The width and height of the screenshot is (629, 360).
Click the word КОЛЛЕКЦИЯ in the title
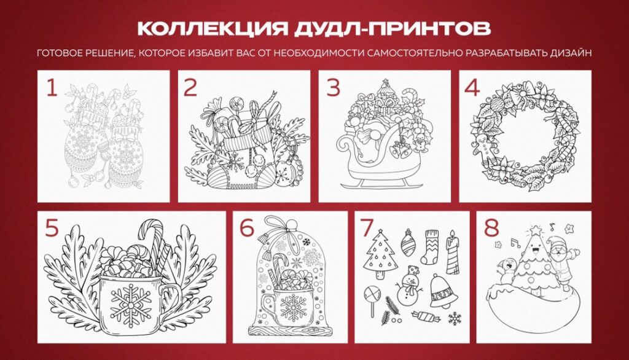pos(213,29)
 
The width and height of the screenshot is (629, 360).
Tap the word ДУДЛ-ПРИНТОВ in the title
pos(393,29)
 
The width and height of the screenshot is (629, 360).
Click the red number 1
pos(52,88)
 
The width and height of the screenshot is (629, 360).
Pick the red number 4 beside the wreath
pos(472,88)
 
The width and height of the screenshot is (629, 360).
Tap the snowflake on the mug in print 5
pos(130,302)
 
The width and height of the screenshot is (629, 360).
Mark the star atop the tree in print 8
pos(535,230)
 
